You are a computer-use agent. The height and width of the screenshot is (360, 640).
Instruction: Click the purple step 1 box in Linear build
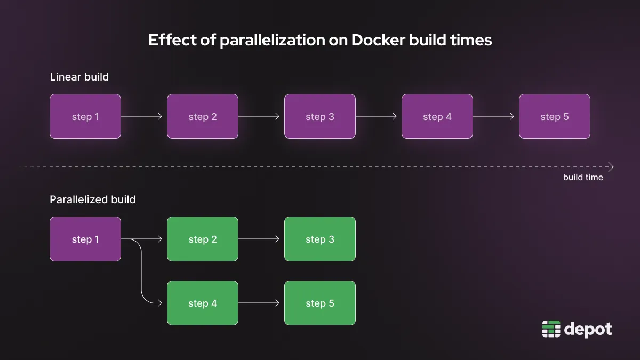coord(85,116)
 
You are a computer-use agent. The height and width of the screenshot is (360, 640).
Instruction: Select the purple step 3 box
coord(320,116)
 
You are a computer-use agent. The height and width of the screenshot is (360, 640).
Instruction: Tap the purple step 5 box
coord(555,116)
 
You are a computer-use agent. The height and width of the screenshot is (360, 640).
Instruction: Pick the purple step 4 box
coord(437,116)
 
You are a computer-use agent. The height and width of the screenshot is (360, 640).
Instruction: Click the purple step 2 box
coord(203,116)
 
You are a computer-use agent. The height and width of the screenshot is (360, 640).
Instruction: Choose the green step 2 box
coord(203,239)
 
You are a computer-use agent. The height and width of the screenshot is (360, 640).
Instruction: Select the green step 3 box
coord(320,239)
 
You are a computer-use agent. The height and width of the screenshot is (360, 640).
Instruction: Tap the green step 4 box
coord(203,303)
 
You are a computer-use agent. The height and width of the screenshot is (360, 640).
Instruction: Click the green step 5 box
coord(320,303)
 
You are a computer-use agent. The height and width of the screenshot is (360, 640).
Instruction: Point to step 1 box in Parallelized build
coord(85,239)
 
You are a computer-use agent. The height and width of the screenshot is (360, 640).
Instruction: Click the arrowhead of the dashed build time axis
coord(611,167)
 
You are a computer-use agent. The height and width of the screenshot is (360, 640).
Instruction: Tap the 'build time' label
coord(583,178)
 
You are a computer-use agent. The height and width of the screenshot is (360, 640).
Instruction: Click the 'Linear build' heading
coord(79,77)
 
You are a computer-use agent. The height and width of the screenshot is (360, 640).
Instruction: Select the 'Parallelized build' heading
coord(93,199)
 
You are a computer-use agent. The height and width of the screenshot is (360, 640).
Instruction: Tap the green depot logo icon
coord(551,329)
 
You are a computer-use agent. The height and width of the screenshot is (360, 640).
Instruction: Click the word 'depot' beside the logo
coord(588,329)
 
